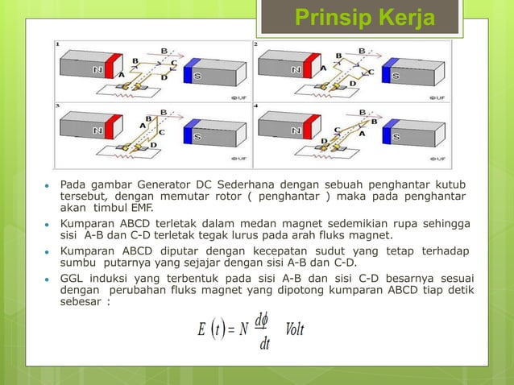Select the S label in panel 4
click(x=396, y=135)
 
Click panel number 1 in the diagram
click(x=57, y=43)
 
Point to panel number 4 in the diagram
click(x=256, y=106)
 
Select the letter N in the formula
click(x=243, y=331)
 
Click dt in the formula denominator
click(x=261, y=346)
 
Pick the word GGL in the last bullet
click(x=72, y=278)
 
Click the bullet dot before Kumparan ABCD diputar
click(x=48, y=250)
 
